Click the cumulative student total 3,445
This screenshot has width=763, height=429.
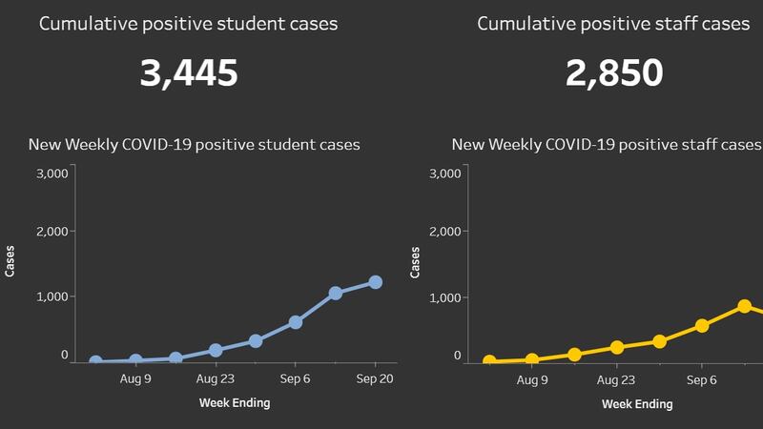pyautogui.click(x=188, y=73)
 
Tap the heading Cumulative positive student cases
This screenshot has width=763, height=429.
pyautogui.click(x=188, y=23)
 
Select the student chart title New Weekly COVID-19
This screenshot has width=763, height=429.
pyautogui.click(x=194, y=145)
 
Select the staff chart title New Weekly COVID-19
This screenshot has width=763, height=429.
pyautogui.click(x=607, y=145)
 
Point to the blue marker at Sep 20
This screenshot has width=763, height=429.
pyautogui.click(x=376, y=282)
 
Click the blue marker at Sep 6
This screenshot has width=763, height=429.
pyautogui.click(x=296, y=322)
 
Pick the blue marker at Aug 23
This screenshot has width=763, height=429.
pyautogui.click(x=216, y=350)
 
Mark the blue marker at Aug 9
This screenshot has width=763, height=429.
pyautogui.click(x=135, y=360)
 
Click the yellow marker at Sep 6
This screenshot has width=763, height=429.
pyautogui.click(x=702, y=325)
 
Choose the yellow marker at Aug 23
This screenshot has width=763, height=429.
pyautogui.click(x=617, y=347)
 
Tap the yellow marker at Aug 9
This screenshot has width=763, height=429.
pyautogui.click(x=532, y=359)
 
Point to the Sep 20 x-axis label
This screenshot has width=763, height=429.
pyautogui.click(x=376, y=378)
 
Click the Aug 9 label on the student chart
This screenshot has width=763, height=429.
pyautogui.click(x=135, y=378)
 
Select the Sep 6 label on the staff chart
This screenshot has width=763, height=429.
pyautogui.click(x=702, y=378)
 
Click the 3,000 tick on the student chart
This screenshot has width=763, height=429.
pyautogui.click(x=52, y=174)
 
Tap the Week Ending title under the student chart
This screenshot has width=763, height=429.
pyautogui.click(x=235, y=402)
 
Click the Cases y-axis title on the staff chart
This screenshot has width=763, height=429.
pyautogui.click(x=415, y=263)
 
